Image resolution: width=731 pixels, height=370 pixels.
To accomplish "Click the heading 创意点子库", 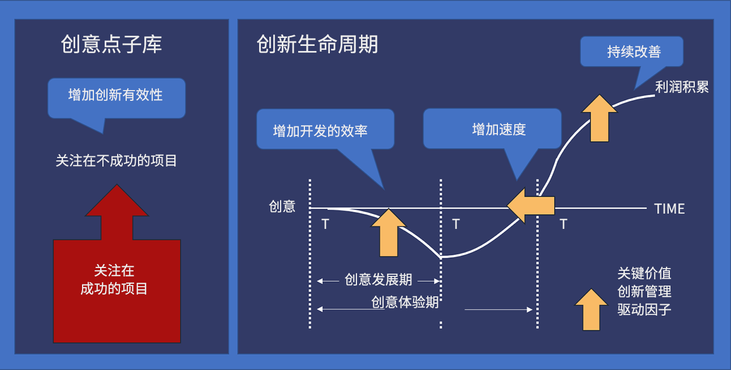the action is coord(111,44).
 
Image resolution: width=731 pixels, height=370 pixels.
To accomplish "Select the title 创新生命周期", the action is coord(317,44).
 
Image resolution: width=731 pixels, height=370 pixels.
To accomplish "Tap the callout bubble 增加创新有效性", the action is coord(117,98).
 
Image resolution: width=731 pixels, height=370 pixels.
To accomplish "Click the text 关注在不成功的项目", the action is coord(116,160).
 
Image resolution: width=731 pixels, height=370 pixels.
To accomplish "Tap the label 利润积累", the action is coord(682,87).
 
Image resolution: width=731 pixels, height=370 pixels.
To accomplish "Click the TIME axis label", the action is coord(669,209).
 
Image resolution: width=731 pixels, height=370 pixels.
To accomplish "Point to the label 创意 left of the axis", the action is coord(282,207).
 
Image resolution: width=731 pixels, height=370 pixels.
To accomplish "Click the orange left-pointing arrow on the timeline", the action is coord(531,206).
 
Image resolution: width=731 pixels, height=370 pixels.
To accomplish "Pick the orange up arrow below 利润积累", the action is coord(600,118).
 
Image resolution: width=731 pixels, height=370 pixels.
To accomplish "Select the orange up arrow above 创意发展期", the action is coord(389,233).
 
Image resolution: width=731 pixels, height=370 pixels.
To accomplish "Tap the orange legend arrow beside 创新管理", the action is coord(591,309).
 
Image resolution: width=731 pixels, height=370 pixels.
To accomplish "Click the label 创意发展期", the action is coord(378,280).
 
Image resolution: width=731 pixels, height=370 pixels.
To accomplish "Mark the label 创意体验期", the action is coord(405,302).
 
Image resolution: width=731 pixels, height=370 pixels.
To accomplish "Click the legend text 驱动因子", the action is coord(644,309).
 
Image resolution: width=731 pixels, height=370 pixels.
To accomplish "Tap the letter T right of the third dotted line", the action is coord(564,224).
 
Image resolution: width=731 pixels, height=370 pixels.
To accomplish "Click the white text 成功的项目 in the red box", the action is coord(114,288).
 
